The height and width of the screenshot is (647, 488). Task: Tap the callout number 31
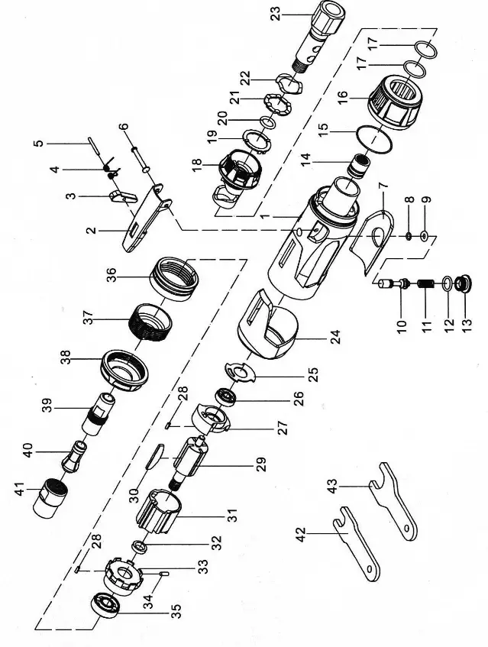228,516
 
